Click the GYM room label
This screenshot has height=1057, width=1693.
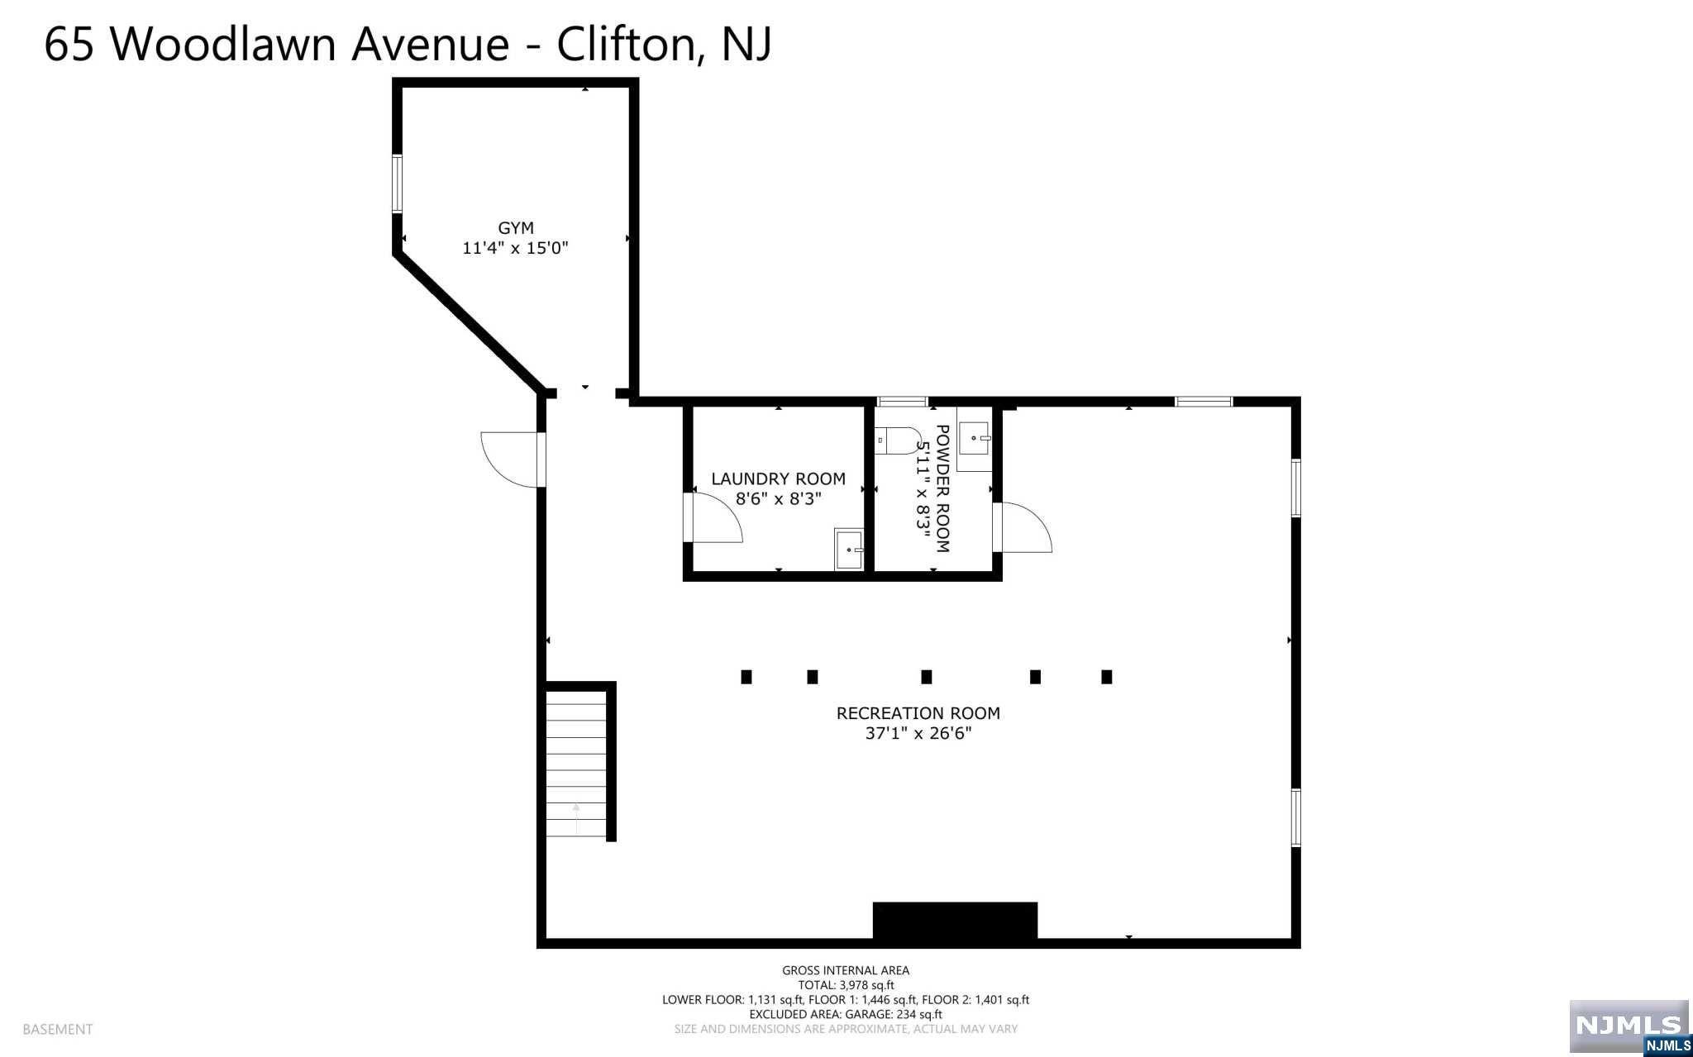515,228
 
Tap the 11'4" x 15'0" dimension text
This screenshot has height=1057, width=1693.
515,248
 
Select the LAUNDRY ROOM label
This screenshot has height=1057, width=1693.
778,479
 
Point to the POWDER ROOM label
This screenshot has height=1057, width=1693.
942,488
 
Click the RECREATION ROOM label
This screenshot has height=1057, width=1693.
918,713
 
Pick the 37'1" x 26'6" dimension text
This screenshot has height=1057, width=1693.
918,733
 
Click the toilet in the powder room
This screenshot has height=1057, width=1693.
893,440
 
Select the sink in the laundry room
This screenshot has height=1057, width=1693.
849,550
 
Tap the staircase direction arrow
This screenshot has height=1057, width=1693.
576,819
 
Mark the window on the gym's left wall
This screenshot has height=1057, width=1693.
397,183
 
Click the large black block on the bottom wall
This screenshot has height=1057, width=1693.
955,921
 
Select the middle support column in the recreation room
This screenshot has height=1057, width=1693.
927,677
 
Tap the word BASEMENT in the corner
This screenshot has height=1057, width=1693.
58,1029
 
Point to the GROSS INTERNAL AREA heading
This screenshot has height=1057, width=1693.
846,970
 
